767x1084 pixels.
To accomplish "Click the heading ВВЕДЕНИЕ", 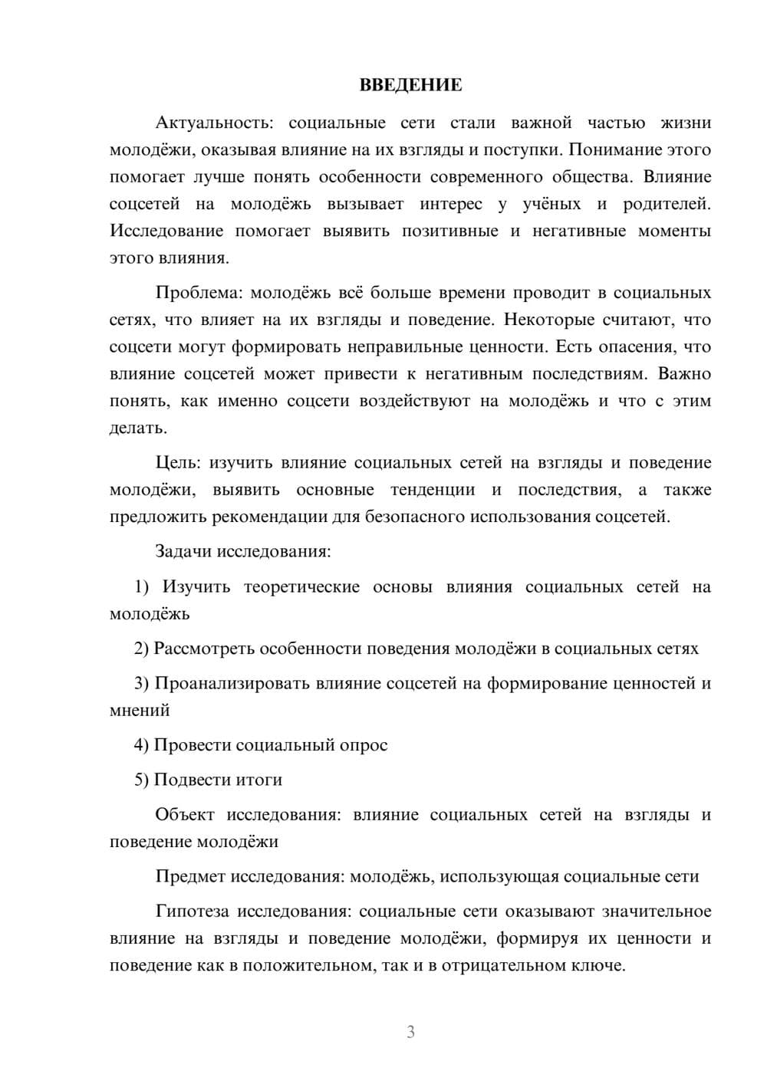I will [410, 86].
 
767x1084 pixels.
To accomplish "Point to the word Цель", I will [176, 463].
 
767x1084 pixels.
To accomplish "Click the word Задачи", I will [184, 552].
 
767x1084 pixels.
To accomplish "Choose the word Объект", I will [185, 815].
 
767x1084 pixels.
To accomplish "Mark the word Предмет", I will [190, 876].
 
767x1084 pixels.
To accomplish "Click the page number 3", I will [410, 1033].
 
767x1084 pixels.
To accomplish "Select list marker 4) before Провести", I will [142, 745].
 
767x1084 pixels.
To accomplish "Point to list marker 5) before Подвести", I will [142, 780].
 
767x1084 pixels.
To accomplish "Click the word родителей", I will [667, 205].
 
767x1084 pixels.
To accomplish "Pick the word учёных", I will [552, 205].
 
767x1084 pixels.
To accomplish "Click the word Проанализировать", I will [232, 684].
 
